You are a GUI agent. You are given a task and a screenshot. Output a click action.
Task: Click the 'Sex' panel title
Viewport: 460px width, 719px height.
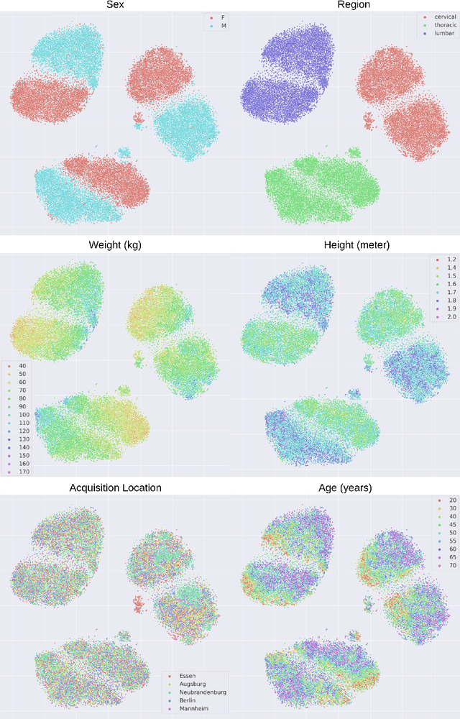114,5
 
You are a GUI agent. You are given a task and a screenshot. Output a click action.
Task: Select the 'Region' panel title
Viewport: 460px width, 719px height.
354,5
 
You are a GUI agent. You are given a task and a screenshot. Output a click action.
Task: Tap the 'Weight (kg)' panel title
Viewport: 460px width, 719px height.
115,245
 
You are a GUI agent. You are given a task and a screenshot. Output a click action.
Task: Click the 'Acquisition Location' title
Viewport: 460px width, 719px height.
115,488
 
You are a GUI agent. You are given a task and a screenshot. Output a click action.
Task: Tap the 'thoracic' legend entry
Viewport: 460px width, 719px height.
435,24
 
